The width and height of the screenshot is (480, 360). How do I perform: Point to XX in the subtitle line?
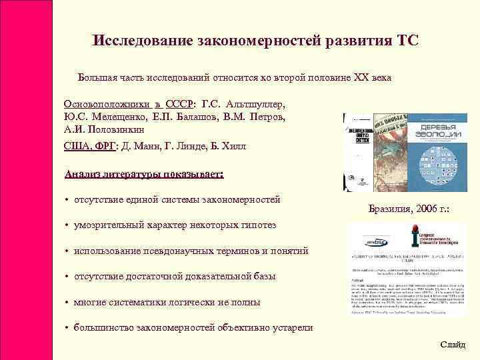(357, 78)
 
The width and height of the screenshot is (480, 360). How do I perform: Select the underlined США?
(78, 146)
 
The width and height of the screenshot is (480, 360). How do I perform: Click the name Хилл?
(232, 146)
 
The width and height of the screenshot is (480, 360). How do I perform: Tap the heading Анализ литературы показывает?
(144, 175)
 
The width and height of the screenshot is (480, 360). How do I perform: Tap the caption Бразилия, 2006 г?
(409, 210)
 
